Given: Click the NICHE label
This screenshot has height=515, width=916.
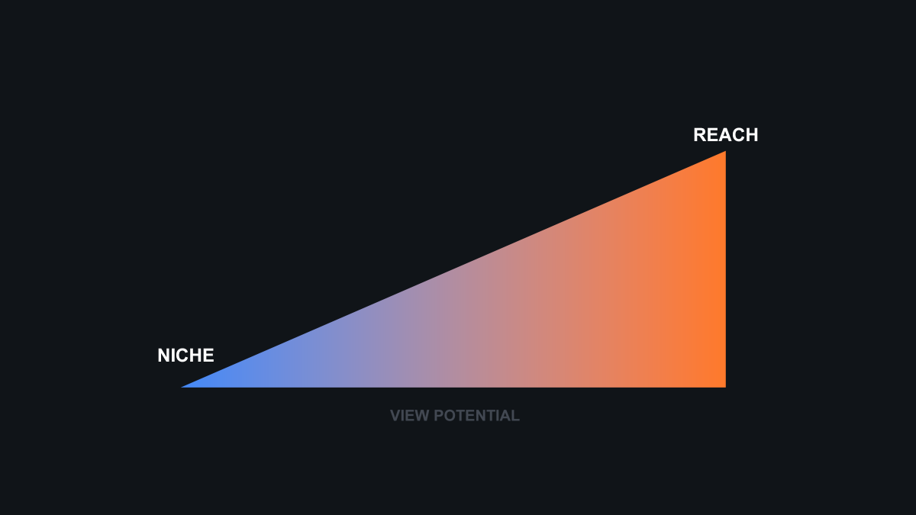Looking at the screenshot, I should pyautogui.click(x=185, y=356).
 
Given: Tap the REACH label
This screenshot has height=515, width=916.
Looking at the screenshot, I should pyautogui.click(x=725, y=135).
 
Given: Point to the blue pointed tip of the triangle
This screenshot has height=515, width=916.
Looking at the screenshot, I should pyautogui.click(x=184, y=387).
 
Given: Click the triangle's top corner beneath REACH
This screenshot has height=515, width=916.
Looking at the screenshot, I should pyautogui.click(x=724, y=153).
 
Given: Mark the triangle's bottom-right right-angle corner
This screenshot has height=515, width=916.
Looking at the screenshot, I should pyautogui.click(x=724, y=387).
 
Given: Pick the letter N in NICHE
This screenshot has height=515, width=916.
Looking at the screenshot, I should pyautogui.click(x=163, y=356).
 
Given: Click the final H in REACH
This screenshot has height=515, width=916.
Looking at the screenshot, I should pyautogui.click(x=752, y=135).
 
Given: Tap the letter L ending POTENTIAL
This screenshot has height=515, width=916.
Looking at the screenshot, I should pyautogui.click(x=516, y=416).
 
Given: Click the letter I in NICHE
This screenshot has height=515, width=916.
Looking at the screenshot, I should pyautogui.click(x=173, y=356).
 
